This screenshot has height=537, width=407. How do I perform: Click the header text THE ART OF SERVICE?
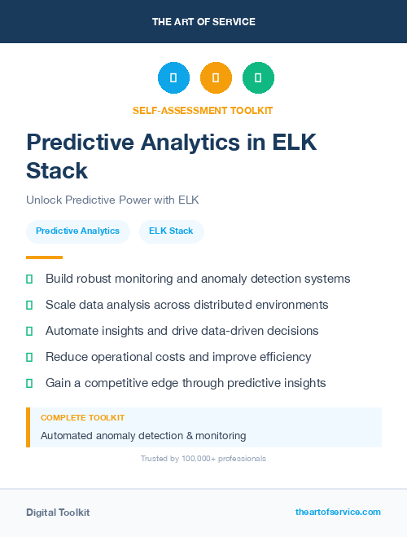(x=203, y=22)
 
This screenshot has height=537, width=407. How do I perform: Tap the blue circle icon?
(x=173, y=78)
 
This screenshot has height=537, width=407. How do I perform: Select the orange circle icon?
(x=216, y=78)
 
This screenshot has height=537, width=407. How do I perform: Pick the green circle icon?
(x=258, y=78)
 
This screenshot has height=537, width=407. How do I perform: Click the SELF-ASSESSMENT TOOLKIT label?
(x=203, y=110)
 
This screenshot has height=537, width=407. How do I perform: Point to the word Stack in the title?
(x=56, y=170)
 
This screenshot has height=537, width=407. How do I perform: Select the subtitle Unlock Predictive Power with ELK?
(x=112, y=200)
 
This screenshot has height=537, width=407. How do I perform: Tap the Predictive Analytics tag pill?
(x=77, y=231)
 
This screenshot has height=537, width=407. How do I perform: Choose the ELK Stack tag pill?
(x=171, y=231)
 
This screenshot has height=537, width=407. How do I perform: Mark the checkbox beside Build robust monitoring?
(x=29, y=279)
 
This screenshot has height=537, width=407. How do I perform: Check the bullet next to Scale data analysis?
(x=29, y=305)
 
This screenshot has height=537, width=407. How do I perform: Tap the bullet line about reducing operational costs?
(x=178, y=357)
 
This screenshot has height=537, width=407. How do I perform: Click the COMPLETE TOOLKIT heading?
(x=82, y=417)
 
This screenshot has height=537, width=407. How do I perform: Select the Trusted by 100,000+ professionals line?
(x=203, y=459)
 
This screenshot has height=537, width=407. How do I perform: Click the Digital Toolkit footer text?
(x=58, y=513)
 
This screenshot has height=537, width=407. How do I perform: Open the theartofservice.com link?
(x=338, y=512)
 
